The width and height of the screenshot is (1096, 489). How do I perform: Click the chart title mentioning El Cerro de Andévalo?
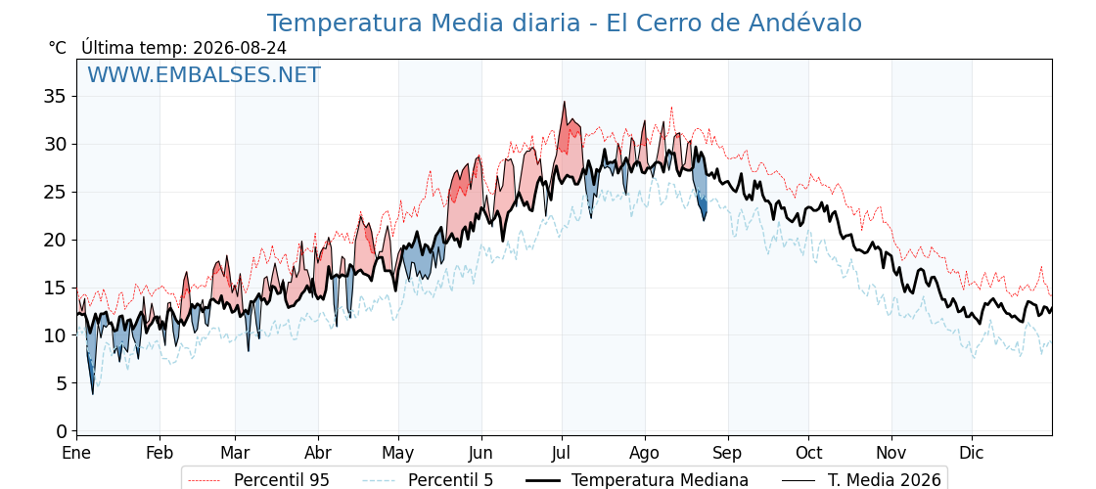pyautogui.click(x=564, y=23)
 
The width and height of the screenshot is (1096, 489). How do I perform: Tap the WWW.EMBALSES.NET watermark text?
pyautogui.click(x=205, y=74)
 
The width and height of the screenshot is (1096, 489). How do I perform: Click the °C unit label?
pyautogui.click(x=58, y=48)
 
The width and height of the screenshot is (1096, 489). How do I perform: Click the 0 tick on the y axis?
pyautogui.click(x=62, y=431)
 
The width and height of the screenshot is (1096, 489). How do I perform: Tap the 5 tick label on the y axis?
pyautogui.click(x=62, y=382)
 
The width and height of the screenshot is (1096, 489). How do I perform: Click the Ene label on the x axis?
pyautogui.click(x=76, y=453)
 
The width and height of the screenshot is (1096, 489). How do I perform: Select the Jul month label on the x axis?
pyautogui.click(x=562, y=453)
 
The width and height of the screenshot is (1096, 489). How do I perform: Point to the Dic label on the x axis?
pyautogui.click(x=972, y=453)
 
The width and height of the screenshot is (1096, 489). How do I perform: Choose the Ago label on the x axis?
pyautogui.click(x=645, y=454)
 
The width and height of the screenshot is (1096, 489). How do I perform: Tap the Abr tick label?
pyautogui.click(x=318, y=453)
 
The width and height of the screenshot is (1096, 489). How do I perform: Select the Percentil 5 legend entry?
pyautogui.click(x=429, y=480)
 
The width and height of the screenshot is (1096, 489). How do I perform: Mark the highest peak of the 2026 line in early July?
pyautogui.click(x=564, y=102)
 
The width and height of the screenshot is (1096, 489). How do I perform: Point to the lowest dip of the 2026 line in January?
pyautogui.click(x=92, y=394)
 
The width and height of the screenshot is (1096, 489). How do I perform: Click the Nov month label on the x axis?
pyautogui.click(x=891, y=453)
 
